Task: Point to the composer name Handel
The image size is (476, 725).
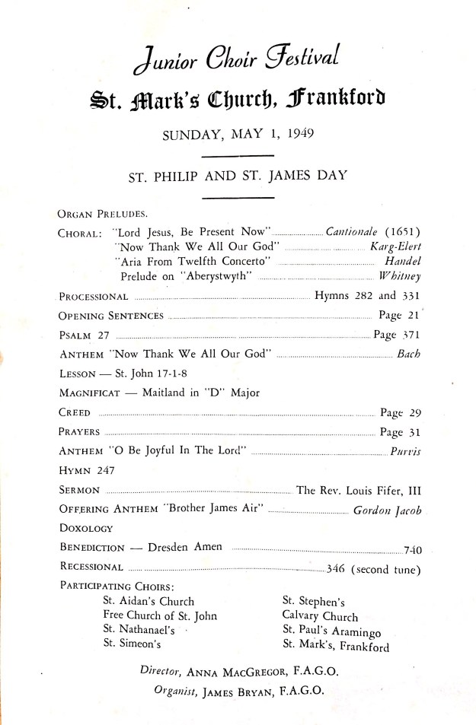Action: tap(403, 261)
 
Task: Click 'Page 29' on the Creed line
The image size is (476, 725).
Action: tap(401, 413)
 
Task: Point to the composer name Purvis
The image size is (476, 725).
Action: tap(405, 452)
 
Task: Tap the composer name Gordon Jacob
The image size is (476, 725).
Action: tap(388, 510)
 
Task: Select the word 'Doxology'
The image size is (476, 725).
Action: tap(86, 527)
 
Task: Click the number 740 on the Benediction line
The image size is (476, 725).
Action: tap(413, 548)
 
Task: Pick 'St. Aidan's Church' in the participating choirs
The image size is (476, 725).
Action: tap(149, 601)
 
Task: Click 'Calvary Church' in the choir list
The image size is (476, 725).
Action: tap(320, 616)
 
